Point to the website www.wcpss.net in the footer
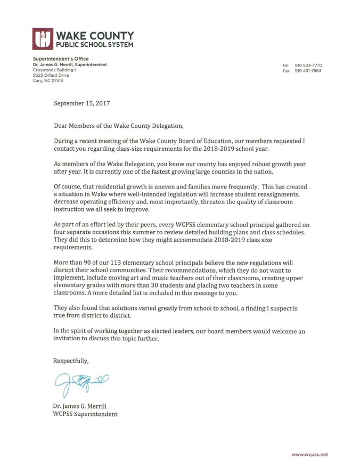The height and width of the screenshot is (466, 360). (x=310, y=454)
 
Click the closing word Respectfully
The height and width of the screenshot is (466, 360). (x=71, y=361)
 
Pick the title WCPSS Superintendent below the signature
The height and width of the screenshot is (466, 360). (x=85, y=414)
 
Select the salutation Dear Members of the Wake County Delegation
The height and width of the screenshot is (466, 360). (x=118, y=126)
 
